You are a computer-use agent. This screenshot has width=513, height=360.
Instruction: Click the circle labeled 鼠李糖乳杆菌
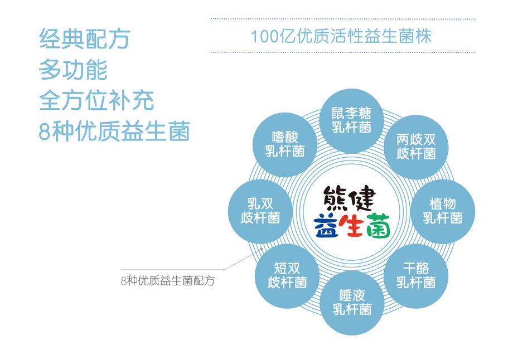click(x=352, y=121)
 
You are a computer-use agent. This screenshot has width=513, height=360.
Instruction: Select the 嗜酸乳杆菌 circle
click(x=284, y=144)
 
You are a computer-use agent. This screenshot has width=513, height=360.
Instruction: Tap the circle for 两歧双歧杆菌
click(x=416, y=147)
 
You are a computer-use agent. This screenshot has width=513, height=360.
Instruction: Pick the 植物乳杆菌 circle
click(x=443, y=211)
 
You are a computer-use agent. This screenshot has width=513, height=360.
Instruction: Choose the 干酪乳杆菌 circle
click(x=416, y=276)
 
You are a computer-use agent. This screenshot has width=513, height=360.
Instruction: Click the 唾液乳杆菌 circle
click(x=352, y=303)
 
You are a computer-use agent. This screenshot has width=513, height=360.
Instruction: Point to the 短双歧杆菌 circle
click(x=287, y=276)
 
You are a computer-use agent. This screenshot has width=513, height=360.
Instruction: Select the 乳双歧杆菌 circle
click(x=260, y=211)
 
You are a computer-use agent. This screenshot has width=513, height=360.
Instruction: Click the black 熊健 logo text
click(x=349, y=198)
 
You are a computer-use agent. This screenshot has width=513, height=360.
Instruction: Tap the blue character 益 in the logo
click(x=326, y=226)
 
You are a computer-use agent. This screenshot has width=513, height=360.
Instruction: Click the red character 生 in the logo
click(x=351, y=226)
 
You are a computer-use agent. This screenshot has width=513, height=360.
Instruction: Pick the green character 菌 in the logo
click(x=378, y=226)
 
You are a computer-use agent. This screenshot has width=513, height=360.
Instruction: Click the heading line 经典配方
click(x=85, y=38)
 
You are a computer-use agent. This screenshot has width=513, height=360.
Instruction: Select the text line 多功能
click(x=73, y=69)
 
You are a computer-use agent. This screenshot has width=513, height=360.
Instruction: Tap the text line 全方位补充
click(x=96, y=100)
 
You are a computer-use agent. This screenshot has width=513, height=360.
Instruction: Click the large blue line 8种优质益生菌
click(x=114, y=131)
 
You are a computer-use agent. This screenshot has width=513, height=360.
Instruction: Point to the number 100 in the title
click(x=265, y=36)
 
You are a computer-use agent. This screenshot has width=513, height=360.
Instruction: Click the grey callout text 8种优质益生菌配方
click(x=168, y=280)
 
